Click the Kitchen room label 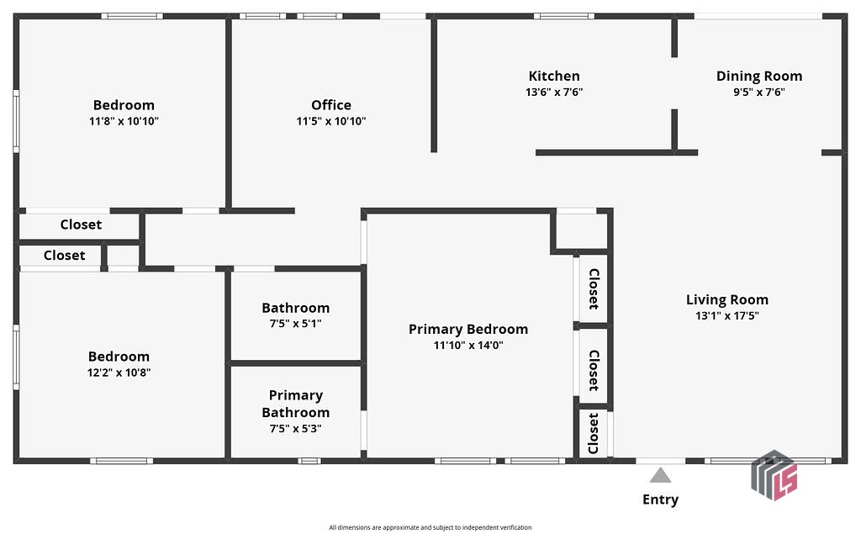click(554, 77)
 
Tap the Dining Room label click(759, 77)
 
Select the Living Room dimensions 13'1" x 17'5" click(726, 316)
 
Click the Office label click(331, 105)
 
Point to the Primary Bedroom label click(468, 329)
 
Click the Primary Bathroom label click(295, 404)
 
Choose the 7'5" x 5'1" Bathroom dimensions click(295, 324)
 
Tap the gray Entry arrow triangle click(661, 476)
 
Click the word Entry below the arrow click(661, 500)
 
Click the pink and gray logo click(774, 475)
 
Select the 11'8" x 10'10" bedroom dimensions click(124, 121)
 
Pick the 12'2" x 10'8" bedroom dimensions click(119, 373)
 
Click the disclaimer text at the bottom click(430, 527)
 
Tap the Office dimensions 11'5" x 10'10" click(331, 121)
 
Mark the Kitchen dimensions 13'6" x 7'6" click(554, 93)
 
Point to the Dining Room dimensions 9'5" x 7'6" click(759, 93)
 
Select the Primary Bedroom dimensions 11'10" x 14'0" click(468, 345)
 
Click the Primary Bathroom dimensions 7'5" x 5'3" click(295, 428)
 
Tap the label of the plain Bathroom click(295, 308)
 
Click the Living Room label click(726, 299)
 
